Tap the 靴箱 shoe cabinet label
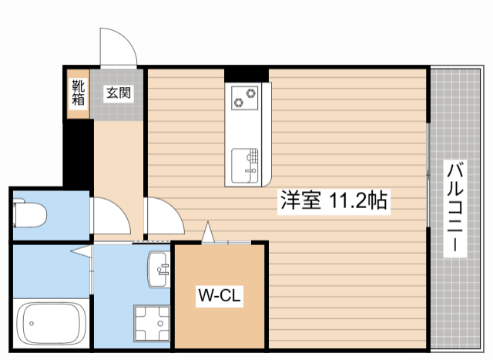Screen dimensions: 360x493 79,93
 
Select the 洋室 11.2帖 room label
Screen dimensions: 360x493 333,201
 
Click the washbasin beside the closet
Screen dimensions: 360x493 159,269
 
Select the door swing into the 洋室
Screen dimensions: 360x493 163,217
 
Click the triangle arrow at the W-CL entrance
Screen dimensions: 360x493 207,232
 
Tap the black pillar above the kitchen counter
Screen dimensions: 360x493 246,75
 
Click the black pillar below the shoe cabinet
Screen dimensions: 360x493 77,151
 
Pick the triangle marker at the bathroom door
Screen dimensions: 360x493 80,251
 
